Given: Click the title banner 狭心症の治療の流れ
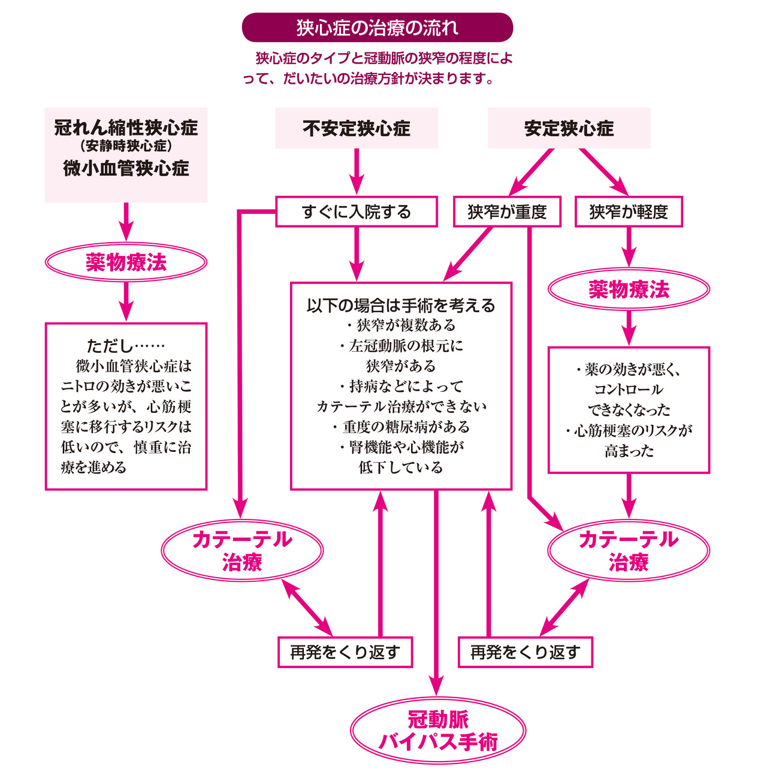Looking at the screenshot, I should tap(378, 28).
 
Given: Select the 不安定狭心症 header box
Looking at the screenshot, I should tap(357, 128).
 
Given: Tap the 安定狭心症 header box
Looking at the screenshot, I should tap(569, 128).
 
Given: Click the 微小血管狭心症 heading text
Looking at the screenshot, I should tap(126, 168).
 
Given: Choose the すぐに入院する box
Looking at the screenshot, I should tap(357, 212).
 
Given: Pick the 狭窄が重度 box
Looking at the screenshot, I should tap(507, 212).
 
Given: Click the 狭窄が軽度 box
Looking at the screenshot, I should tap(629, 212).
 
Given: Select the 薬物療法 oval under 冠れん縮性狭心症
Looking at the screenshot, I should tap(126, 262).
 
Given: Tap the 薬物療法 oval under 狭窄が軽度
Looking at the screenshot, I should tap(629, 289).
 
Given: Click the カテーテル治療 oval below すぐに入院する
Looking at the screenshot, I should tap(242, 550).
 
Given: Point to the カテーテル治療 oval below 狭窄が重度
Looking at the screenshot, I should tap(629, 550).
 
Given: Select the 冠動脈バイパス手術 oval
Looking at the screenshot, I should tap(438, 730).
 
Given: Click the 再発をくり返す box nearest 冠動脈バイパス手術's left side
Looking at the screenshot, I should tap(345, 652).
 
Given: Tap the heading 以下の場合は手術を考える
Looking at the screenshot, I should tap(401, 306).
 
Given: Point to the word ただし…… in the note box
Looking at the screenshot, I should tap(125, 346).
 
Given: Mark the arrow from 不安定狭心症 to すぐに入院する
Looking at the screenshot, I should tap(357, 171).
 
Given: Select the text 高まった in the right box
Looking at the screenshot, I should tap(629, 451).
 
